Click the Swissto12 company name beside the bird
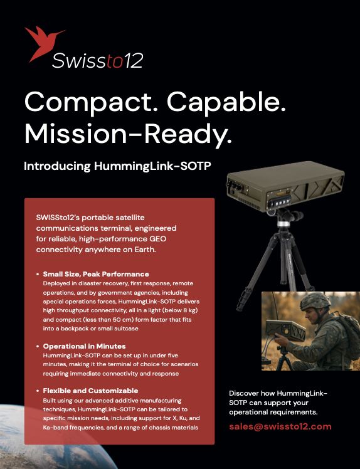98,61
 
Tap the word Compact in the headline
88,103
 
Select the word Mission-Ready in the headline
128,135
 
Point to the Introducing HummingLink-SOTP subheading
118,166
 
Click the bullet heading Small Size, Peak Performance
96,274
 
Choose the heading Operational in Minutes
85,346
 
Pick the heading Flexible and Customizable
90,391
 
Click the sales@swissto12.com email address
280,426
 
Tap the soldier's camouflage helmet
315,301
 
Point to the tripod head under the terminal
284,218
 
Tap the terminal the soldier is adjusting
285,330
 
